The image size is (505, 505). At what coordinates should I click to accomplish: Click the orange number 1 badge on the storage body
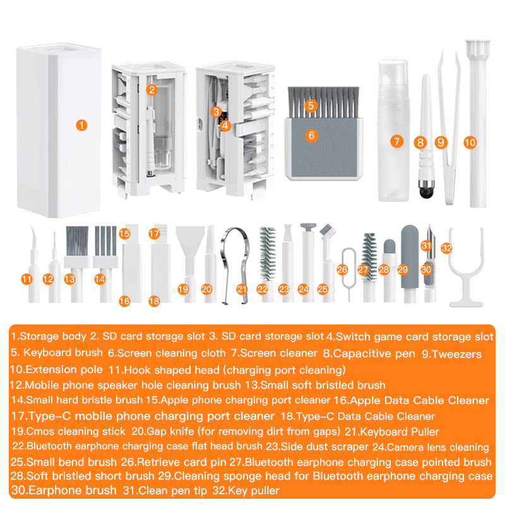[x=80, y=125]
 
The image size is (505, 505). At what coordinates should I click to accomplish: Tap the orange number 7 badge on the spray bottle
[x=396, y=141]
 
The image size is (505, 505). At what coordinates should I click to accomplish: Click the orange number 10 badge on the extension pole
[x=469, y=143]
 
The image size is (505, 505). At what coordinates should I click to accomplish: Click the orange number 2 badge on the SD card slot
[x=151, y=90]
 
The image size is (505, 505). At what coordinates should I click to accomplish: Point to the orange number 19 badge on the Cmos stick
[x=183, y=289]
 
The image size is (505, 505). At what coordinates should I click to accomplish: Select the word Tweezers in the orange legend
[x=459, y=354]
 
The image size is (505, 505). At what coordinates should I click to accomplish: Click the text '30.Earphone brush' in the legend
[x=64, y=490]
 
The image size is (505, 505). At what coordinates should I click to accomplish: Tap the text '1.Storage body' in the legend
[x=49, y=337]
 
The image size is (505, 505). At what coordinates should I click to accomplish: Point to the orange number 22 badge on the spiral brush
[x=263, y=289]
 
